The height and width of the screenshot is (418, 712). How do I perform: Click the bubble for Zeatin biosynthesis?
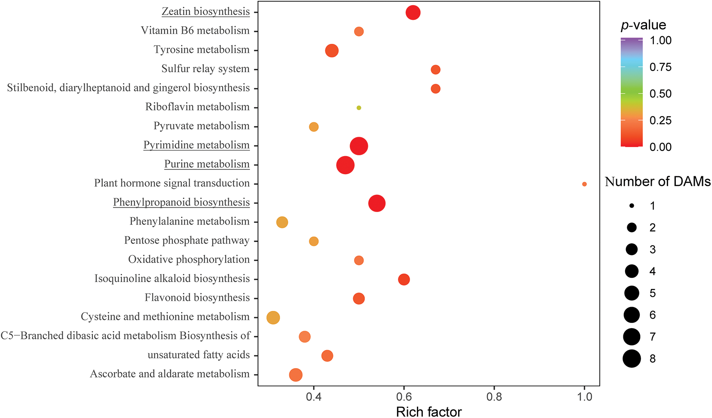click(x=413, y=12)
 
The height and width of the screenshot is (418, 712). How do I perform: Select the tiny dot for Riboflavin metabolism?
click(x=359, y=108)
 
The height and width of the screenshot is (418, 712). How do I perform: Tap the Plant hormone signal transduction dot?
click(x=584, y=184)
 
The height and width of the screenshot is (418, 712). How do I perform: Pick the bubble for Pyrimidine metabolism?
click(x=359, y=146)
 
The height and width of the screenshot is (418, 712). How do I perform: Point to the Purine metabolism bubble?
click(x=345, y=165)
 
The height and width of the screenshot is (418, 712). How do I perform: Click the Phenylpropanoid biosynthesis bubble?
click(x=377, y=203)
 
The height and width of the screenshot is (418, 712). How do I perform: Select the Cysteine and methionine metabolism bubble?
click(x=273, y=318)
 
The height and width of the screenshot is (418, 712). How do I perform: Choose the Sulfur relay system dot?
click(x=435, y=70)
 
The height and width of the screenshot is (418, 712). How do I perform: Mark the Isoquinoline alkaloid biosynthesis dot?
click(x=404, y=280)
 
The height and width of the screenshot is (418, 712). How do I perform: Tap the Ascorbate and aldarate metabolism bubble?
click(x=296, y=375)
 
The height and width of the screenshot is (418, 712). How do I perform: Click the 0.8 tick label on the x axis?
click(x=494, y=396)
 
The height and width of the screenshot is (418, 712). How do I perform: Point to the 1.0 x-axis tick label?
click(x=584, y=396)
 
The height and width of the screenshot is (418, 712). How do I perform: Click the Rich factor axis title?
click(x=428, y=412)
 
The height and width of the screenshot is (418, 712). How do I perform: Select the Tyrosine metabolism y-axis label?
click(x=201, y=49)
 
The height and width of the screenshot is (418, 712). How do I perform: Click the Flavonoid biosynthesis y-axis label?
click(x=197, y=298)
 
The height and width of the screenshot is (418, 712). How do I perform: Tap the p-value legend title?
click(x=643, y=25)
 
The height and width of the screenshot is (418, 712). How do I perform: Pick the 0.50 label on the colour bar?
click(x=660, y=94)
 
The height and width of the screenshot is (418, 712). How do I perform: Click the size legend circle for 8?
click(x=632, y=359)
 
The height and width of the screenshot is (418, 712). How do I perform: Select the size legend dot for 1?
click(x=632, y=206)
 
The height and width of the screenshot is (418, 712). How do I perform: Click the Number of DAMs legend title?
click(x=657, y=182)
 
